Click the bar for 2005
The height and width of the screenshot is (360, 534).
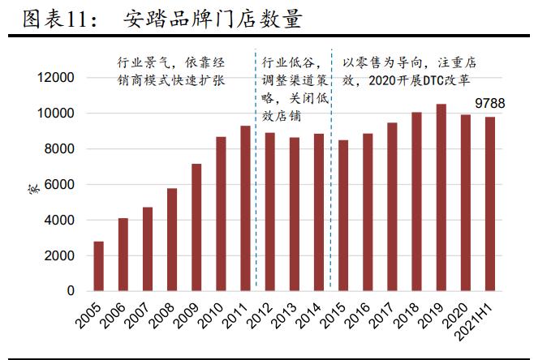click(98, 266)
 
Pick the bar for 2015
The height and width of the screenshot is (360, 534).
click(343, 216)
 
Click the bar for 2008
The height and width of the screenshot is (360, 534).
click(171, 240)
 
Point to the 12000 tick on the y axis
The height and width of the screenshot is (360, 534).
click(58, 78)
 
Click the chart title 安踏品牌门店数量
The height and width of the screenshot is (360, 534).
click(213, 18)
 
